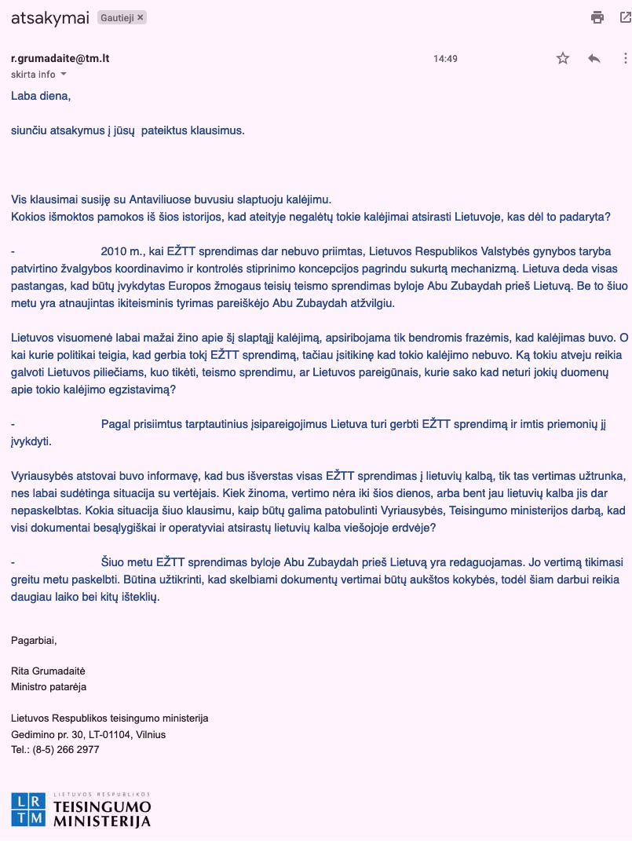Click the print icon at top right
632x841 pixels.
coord(597,17)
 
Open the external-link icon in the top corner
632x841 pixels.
coord(626,17)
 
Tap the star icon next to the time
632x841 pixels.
coord(563,58)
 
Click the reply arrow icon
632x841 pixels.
coord(594,58)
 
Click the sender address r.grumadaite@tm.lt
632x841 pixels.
coord(60,59)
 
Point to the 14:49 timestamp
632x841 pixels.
coord(445,59)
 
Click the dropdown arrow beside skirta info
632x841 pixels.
coord(64,75)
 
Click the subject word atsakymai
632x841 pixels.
coord(49,17)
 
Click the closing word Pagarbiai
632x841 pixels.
coord(34,640)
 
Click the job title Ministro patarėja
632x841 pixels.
coord(49,687)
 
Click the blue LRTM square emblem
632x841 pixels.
coord(28,810)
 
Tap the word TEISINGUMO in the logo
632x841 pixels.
coord(102,806)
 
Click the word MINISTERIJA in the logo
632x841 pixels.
coord(102,821)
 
